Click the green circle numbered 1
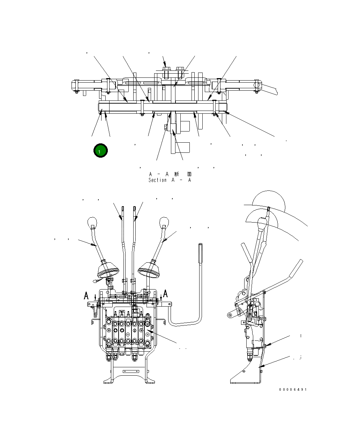click(x=100, y=151)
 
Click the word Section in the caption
click(x=157, y=180)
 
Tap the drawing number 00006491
click(x=293, y=390)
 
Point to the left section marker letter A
click(x=86, y=296)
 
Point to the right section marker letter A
click(x=165, y=293)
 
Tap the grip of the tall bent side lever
click(x=201, y=253)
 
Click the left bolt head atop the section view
click(x=166, y=69)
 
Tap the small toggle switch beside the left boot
click(x=96, y=280)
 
